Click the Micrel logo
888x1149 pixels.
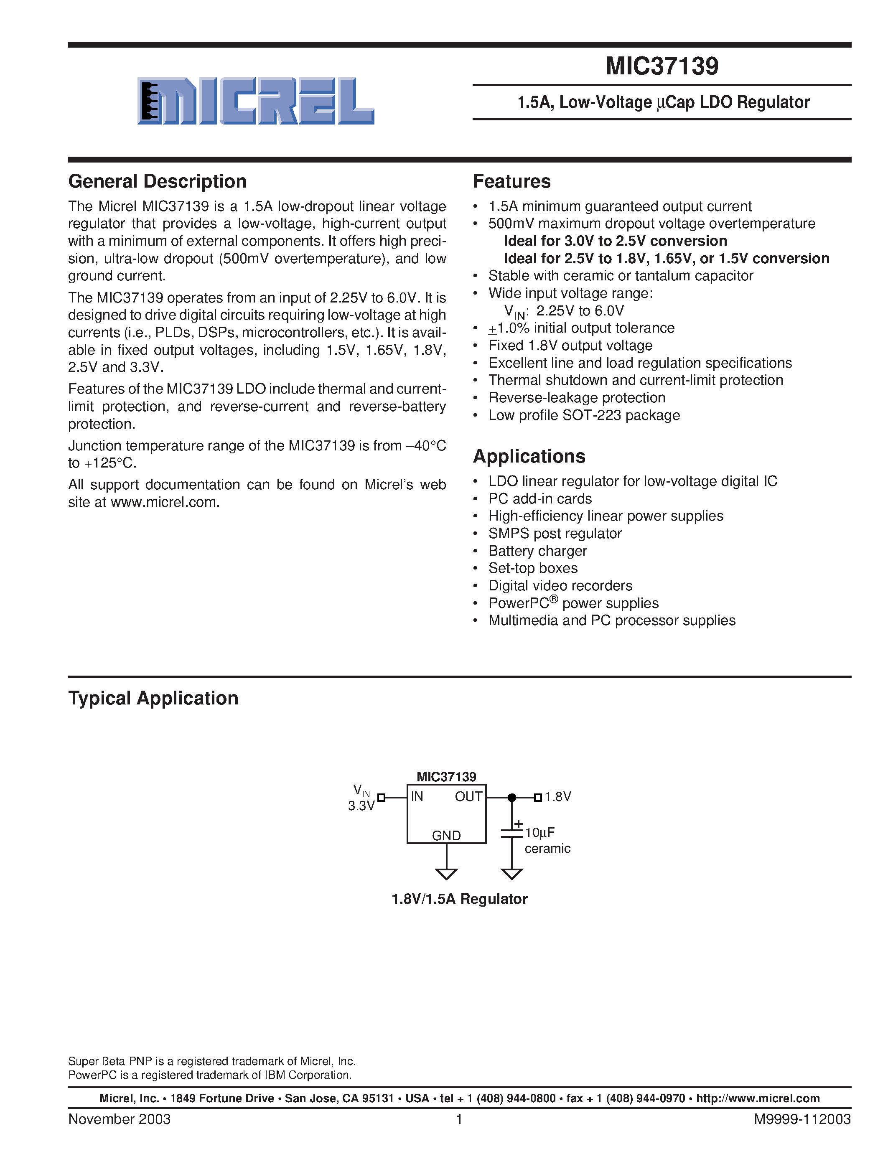(x=256, y=101)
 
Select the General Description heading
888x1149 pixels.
(x=157, y=181)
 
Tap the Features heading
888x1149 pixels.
(x=511, y=181)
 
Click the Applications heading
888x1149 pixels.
(x=529, y=456)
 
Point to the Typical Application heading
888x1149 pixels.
(x=153, y=698)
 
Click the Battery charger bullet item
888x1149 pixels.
(x=537, y=551)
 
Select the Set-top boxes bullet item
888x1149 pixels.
(x=532, y=568)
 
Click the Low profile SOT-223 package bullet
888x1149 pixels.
(x=583, y=415)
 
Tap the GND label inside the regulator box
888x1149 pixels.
(x=446, y=836)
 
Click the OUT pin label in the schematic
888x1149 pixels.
(x=468, y=796)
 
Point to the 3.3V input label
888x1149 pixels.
(x=361, y=806)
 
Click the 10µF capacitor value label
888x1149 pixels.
(x=540, y=832)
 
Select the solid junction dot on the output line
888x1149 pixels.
(x=511, y=798)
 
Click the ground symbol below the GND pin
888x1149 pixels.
(x=446, y=874)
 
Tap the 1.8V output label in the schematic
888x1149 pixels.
(x=557, y=796)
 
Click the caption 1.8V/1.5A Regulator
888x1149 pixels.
(x=459, y=899)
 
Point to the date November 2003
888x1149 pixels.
(x=120, y=1119)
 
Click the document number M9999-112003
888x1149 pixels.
(x=802, y=1119)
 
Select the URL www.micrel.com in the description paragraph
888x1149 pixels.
(x=164, y=502)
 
